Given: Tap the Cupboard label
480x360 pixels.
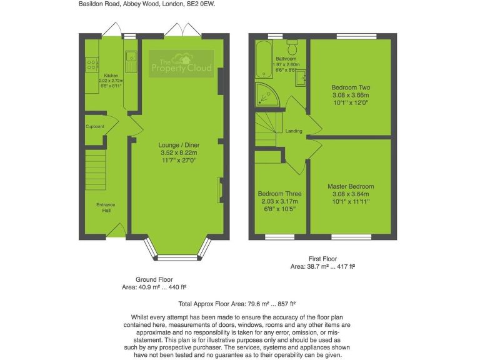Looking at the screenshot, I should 95,127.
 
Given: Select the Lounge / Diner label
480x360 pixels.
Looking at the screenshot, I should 178,144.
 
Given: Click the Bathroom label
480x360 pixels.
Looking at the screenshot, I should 287,59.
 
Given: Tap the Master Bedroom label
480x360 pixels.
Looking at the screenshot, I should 351,186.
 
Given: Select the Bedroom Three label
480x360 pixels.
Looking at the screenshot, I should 280,194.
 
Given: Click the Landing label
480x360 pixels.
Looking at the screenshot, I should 294,131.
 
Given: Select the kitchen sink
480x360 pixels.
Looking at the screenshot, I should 131,59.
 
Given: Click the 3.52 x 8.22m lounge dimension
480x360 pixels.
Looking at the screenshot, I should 178,152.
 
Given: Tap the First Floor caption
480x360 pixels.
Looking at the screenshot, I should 322,258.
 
